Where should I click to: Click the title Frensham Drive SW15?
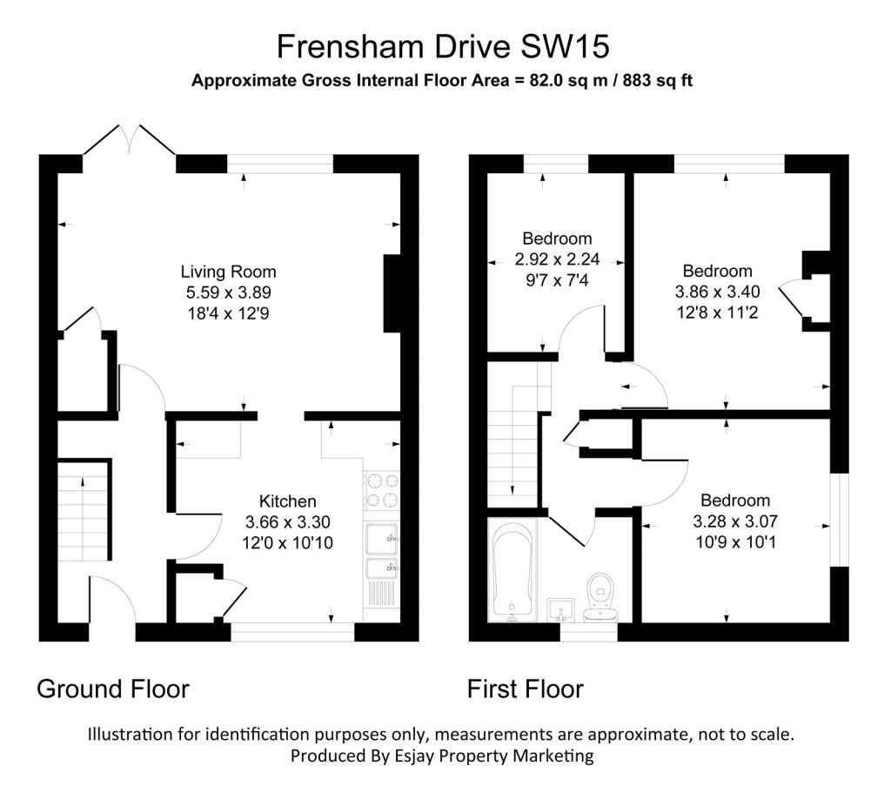[443, 47]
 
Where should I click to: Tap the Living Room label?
[229, 272]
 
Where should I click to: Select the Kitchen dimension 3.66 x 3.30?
[287, 521]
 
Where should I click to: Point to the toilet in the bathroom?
[600, 597]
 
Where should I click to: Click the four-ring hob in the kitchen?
[383, 491]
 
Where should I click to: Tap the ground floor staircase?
[83, 511]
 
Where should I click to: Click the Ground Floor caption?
[113, 689]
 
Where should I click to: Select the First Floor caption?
[525, 689]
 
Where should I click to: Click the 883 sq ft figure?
[658, 80]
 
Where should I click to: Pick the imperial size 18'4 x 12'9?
[229, 313]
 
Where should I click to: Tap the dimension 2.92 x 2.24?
[557, 259]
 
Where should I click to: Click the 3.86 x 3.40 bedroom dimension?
[717, 292]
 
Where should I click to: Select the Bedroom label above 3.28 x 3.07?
[735, 501]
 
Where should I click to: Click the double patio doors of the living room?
[130, 140]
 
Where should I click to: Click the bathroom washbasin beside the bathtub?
[561, 610]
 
